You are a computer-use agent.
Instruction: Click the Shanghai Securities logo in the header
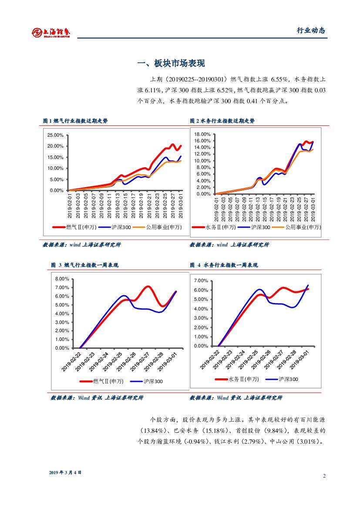51,32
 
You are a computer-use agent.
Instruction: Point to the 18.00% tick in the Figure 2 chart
202,134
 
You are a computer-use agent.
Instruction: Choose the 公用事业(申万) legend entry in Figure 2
303,227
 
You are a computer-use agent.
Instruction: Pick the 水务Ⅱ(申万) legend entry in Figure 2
220,227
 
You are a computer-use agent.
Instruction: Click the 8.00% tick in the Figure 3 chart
62,279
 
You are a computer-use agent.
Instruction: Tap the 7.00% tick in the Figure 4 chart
201,281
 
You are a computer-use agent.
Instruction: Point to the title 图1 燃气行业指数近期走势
75,121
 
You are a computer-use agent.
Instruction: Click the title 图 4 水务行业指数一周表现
224,265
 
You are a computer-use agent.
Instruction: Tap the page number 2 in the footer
324,475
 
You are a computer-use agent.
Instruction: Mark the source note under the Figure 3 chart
97,398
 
